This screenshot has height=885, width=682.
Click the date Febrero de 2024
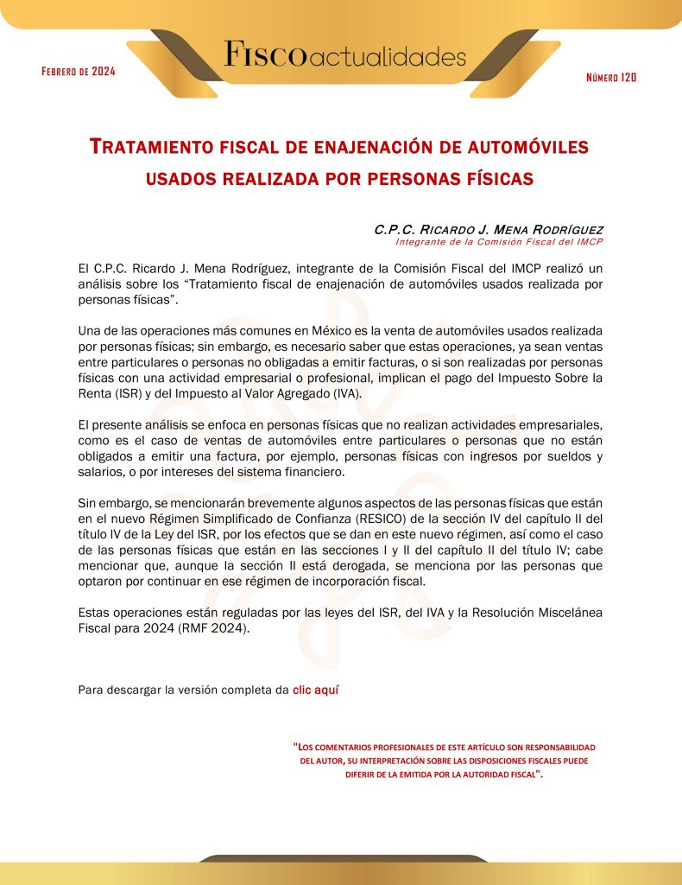pyautogui.click(x=79, y=71)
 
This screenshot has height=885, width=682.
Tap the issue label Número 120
pyautogui.click(x=610, y=78)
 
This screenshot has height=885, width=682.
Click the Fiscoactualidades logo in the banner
pyautogui.click(x=344, y=56)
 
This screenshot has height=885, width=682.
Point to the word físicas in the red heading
pyautogui.click(x=496, y=178)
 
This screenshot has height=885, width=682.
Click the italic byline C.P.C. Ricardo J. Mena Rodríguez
pyautogui.click(x=489, y=230)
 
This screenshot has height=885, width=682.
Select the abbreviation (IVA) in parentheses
pyautogui.click(x=341, y=393)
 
